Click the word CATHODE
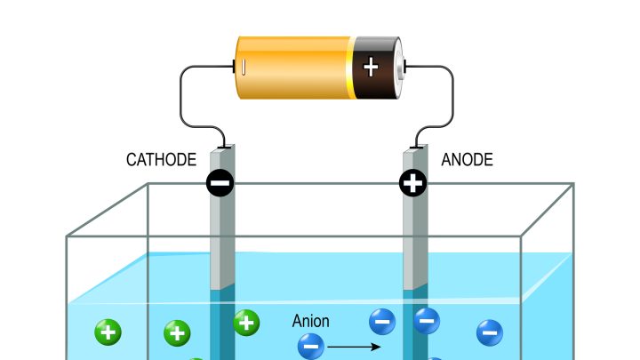(161, 161)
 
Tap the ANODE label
(467, 161)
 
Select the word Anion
(311, 321)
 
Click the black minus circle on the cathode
(220, 183)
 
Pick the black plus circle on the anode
(413, 183)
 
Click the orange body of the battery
(293, 67)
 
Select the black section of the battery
(373, 84)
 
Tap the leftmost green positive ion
(108, 333)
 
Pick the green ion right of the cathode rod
(246, 322)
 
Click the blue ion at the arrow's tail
(311, 345)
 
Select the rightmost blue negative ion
(489, 332)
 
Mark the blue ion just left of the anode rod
(382, 320)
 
